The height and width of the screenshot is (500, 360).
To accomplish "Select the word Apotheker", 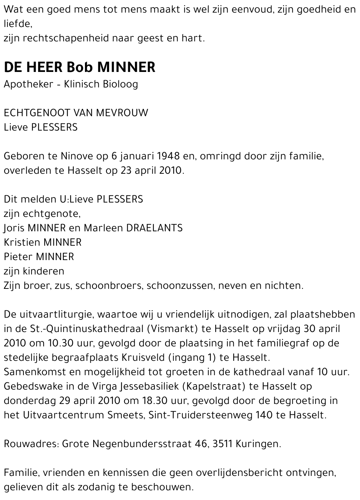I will coord(28,85).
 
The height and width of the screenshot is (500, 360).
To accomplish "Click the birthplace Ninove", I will coord(77,156).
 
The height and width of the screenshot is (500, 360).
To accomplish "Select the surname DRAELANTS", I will coord(154,228).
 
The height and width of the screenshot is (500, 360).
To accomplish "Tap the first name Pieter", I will coord(18,257).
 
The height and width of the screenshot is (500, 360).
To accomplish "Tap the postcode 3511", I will coord(222,444).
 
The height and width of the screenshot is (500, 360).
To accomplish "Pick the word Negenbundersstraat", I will coord(142,444).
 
